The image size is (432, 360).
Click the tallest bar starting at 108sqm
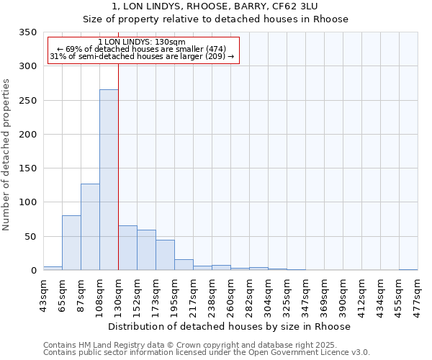tap(109, 180)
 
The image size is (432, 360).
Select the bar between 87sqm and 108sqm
tap(90, 227)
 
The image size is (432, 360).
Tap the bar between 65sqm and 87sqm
tap(71, 243)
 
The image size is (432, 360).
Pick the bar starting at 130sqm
tap(127, 248)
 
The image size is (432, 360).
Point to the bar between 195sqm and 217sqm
tap(184, 264)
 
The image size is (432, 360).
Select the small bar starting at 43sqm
tap(53, 268)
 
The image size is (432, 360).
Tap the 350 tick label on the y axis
tap(27, 32)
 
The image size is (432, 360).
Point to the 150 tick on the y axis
tap(27, 168)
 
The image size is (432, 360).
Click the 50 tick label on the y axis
tap(30, 236)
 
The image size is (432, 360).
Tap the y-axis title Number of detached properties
tap(7, 155)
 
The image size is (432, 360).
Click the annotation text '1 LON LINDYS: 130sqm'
tap(142, 42)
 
